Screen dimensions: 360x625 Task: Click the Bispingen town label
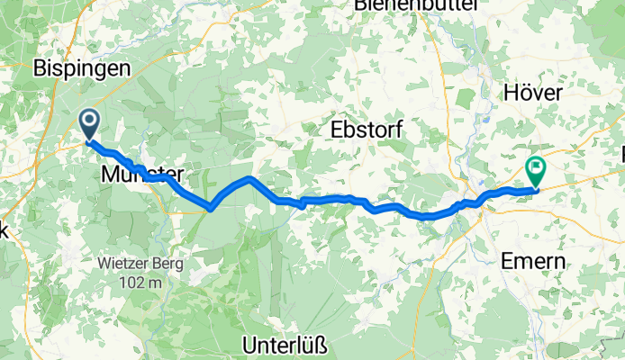click(82, 67)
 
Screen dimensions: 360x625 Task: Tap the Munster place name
click(143, 175)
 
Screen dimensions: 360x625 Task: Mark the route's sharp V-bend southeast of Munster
click(210, 208)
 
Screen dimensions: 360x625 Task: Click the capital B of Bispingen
click(41, 67)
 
